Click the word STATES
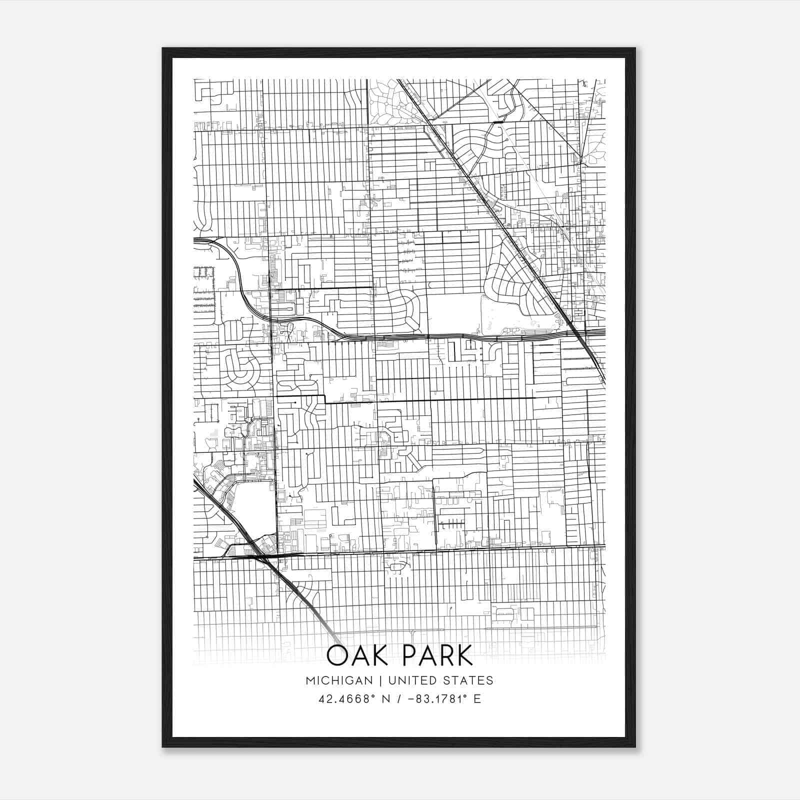click(467, 680)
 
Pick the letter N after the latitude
click(386, 698)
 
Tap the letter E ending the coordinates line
click(477, 698)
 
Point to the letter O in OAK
click(338, 655)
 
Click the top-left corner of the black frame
click(163, 49)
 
